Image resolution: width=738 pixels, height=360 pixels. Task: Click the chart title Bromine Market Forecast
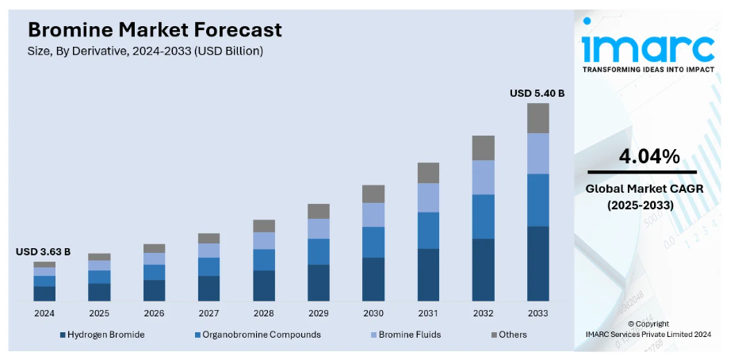[155, 30]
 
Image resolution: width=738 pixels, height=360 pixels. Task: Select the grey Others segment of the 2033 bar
[538, 118]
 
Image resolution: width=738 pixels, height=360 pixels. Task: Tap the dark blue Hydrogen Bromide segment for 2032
[483, 270]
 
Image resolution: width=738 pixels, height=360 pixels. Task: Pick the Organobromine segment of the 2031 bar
[428, 230]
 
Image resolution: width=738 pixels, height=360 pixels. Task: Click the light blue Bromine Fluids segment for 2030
[373, 214]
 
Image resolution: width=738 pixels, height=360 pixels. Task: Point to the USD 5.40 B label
[537, 93]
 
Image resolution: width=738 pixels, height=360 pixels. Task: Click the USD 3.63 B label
[43, 251]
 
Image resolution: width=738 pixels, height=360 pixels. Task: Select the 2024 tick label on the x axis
[44, 313]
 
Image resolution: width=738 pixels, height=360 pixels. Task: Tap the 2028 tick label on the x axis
[264, 313]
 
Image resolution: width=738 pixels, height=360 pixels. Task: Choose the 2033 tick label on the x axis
[538, 313]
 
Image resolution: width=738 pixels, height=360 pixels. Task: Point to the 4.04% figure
[649, 157]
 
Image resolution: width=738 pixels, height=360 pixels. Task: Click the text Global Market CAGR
[644, 189]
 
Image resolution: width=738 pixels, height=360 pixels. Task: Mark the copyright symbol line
[648, 324]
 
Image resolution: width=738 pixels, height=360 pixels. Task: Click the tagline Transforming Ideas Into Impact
[648, 70]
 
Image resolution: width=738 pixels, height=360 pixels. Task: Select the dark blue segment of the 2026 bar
[154, 290]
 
